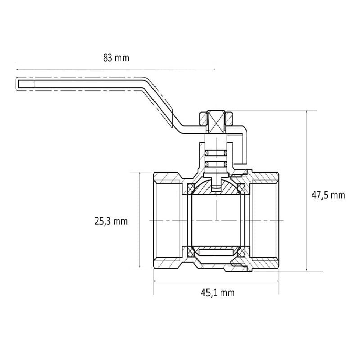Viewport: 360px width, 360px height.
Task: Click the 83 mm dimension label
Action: coord(116,58)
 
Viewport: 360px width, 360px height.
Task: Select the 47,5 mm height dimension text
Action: coord(328,195)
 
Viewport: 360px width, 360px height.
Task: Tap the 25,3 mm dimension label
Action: coord(111,221)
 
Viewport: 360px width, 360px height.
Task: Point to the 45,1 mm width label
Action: coord(218,293)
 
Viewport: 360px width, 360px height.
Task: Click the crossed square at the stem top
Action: coord(216,122)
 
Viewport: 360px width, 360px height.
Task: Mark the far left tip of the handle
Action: coord(16,84)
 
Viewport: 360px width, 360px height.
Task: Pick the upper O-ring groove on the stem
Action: coord(216,153)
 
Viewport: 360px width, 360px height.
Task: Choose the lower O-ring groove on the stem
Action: coord(216,164)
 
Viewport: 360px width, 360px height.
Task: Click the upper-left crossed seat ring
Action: coord(191,189)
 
